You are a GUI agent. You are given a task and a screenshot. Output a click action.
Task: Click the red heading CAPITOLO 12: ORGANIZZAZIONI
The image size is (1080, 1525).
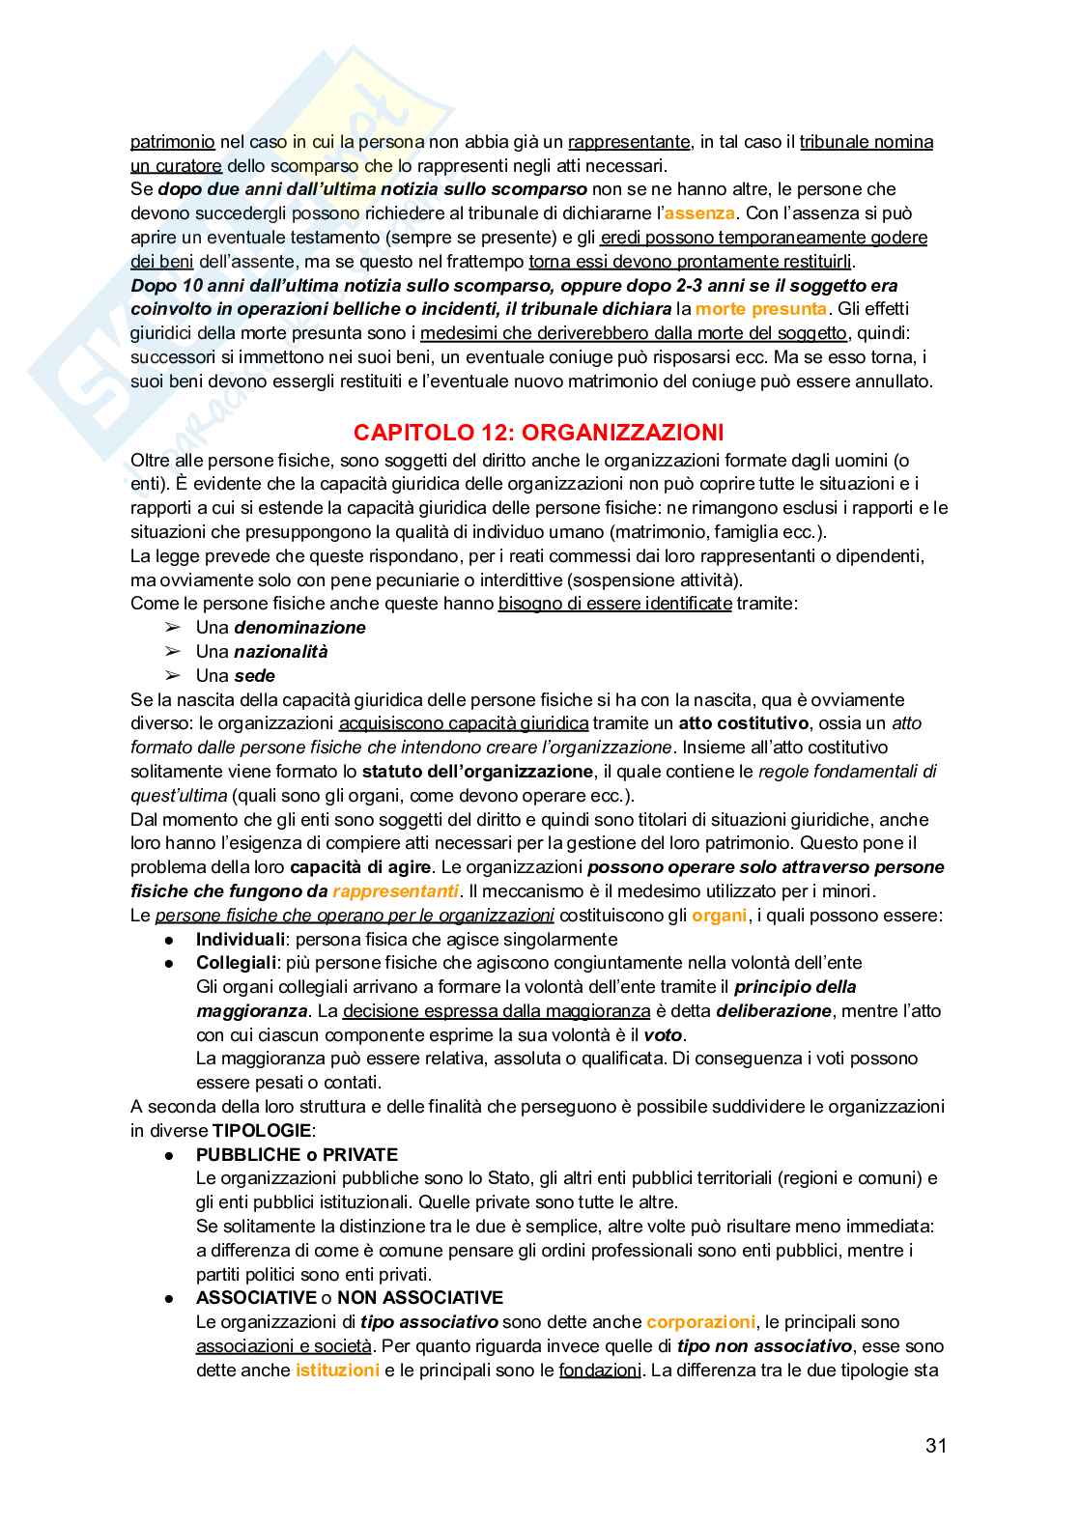[x=538, y=433]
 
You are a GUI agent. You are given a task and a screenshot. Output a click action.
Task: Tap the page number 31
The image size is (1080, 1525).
[x=935, y=1445]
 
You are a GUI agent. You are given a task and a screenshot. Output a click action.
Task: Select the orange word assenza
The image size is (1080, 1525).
[x=699, y=213]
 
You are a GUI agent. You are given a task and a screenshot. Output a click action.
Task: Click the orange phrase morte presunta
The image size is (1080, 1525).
[x=761, y=309]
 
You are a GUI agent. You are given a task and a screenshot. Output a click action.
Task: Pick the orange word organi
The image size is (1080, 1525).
[x=719, y=916]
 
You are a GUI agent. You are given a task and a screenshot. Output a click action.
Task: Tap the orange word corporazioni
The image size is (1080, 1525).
[x=700, y=1322]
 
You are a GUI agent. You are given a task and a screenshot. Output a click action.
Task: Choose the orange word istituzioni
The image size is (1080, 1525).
[x=337, y=1370]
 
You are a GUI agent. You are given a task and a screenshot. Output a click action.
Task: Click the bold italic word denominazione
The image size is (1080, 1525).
[x=299, y=628]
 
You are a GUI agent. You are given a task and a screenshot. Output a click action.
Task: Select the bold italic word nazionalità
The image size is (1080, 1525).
[x=280, y=652]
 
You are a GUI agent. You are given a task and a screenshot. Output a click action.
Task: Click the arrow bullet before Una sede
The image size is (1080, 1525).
[x=173, y=676]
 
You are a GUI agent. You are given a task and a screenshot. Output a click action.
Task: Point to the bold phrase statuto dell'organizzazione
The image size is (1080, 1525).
[x=477, y=772]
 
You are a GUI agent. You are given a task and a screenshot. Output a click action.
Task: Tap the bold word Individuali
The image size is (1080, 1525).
[x=241, y=940]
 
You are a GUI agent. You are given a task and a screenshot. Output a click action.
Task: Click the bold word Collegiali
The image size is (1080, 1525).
[x=237, y=963]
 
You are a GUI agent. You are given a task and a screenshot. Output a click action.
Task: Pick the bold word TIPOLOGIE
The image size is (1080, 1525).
[x=262, y=1131]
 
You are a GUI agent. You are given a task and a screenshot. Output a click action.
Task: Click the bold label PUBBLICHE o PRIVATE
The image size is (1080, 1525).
[x=297, y=1155]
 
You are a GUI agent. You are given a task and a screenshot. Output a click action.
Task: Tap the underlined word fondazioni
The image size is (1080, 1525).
[x=600, y=1370]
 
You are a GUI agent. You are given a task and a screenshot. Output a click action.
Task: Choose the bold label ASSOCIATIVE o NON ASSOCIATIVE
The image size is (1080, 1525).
[x=349, y=1298]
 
